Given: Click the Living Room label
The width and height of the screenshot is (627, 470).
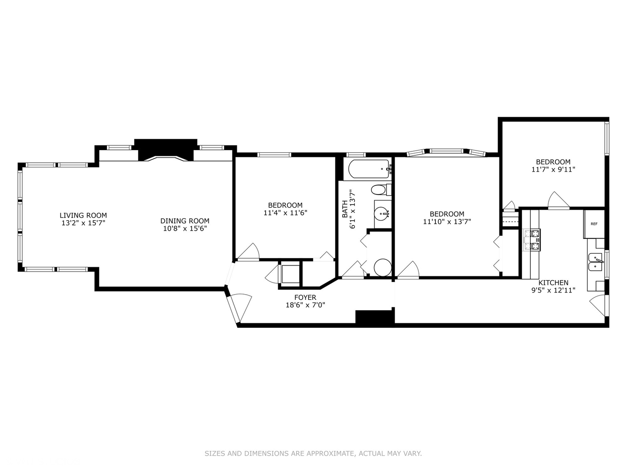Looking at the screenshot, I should (x=83, y=215).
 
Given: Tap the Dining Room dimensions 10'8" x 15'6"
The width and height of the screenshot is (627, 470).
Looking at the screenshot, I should (x=185, y=228).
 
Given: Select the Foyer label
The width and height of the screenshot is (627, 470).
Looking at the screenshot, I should (x=305, y=297).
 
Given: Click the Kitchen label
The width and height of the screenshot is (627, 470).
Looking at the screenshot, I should (x=553, y=282).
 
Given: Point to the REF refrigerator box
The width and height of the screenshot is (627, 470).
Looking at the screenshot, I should (x=594, y=224).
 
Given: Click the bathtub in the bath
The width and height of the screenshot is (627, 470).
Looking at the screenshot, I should (x=366, y=169).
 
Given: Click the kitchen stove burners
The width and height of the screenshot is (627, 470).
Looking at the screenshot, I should (x=532, y=240).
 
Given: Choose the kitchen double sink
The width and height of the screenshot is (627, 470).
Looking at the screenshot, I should (x=595, y=262).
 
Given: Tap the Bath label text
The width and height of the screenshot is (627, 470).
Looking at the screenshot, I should (x=345, y=209).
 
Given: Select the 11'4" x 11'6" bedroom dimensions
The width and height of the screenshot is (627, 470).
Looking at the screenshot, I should (x=285, y=213).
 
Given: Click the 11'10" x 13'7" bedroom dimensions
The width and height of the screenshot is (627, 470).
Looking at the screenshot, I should (x=447, y=222).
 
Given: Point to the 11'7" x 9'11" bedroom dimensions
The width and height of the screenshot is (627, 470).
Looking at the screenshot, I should (x=553, y=170).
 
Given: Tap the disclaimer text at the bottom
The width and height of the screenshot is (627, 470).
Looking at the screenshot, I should (x=313, y=453).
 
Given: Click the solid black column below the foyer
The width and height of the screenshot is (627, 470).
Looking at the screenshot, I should (x=374, y=317).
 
